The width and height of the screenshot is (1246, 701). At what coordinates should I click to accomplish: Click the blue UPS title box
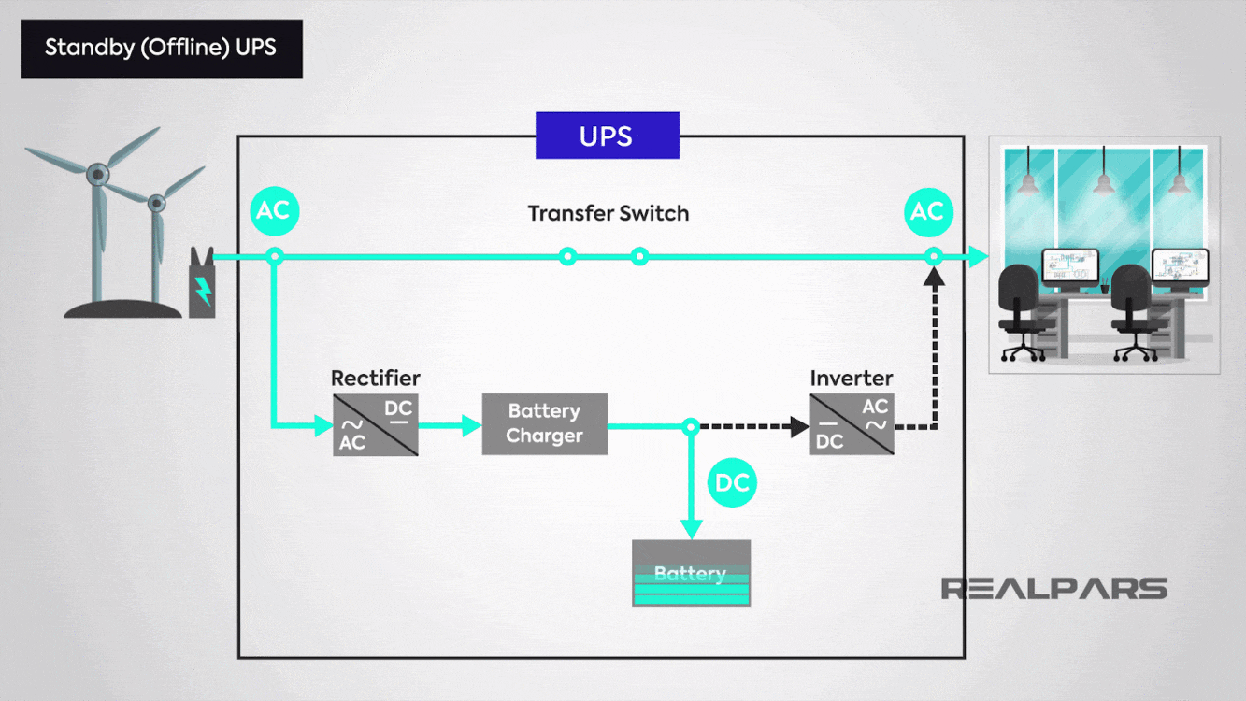point(608,136)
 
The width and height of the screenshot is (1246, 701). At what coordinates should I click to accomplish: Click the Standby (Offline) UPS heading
point(161,48)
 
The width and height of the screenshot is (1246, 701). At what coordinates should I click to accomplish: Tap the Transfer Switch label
point(608,214)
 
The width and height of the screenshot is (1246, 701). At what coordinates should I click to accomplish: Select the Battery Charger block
point(545,424)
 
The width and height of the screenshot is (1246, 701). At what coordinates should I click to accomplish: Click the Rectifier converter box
point(376,425)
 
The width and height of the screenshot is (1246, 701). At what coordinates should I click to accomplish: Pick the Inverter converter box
point(852,424)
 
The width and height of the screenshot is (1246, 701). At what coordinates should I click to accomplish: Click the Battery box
point(692,572)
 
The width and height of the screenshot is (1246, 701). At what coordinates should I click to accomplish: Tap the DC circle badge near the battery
point(732,482)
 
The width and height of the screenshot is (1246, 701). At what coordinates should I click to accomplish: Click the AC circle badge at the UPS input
point(275,211)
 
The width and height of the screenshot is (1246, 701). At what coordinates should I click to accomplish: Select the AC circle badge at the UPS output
point(928,212)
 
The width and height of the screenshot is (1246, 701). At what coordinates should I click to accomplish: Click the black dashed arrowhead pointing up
point(934,277)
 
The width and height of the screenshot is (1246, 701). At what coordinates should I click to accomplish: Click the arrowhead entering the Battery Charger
point(472,425)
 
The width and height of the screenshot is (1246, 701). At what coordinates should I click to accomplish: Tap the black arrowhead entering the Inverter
point(800,427)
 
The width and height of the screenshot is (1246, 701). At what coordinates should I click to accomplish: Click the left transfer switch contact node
point(567,256)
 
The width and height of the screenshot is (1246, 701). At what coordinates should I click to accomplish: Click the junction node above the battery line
point(691,427)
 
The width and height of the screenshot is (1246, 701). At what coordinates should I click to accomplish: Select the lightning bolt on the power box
point(203,291)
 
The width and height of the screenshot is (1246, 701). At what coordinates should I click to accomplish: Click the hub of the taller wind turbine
point(98,174)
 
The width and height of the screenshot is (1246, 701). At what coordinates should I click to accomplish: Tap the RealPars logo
point(1054,589)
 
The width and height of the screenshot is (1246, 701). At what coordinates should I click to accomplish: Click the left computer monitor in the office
point(1069,267)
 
